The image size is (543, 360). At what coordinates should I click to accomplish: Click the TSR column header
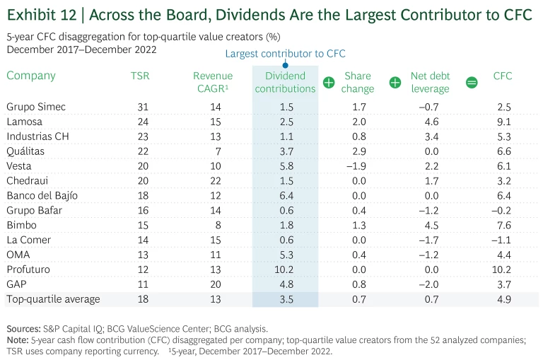click(140, 76)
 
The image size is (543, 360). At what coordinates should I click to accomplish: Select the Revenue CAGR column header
click(212, 82)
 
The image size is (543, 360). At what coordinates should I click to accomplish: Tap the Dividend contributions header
click(285, 82)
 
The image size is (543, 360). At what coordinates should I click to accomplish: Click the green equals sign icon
click(472, 83)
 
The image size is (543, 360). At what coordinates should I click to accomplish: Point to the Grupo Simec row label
click(36, 107)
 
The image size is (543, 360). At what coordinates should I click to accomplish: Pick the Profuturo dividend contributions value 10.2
click(285, 269)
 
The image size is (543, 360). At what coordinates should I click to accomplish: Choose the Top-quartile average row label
click(53, 299)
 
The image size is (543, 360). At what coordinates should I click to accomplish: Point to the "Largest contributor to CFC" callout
click(285, 54)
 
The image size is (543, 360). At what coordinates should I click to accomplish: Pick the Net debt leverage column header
click(430, 82)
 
